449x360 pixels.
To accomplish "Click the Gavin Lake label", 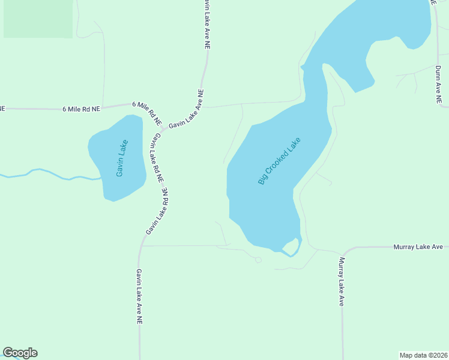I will click(x=122, y=158).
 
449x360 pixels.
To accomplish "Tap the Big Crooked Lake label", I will click(x=279, y=161).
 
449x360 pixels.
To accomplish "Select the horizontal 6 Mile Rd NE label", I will click(x=80, y=109).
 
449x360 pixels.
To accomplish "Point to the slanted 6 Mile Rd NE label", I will click(x=147, y=112).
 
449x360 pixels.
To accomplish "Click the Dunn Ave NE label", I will click(x=439, y=84).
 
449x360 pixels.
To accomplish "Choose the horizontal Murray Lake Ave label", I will click(x=418, y=247).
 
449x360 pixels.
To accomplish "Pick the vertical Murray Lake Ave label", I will click(x=341, y=281).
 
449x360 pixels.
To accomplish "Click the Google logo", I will click(x=20, y=353).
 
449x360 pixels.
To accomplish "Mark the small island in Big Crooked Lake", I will click(x=290, y=247).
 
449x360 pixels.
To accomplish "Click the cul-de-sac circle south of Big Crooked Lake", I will click(x=259, y=260).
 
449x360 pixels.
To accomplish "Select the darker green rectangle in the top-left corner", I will click(x=38, y=19).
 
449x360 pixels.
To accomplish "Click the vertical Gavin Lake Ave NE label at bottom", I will click(x=139, y=296).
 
